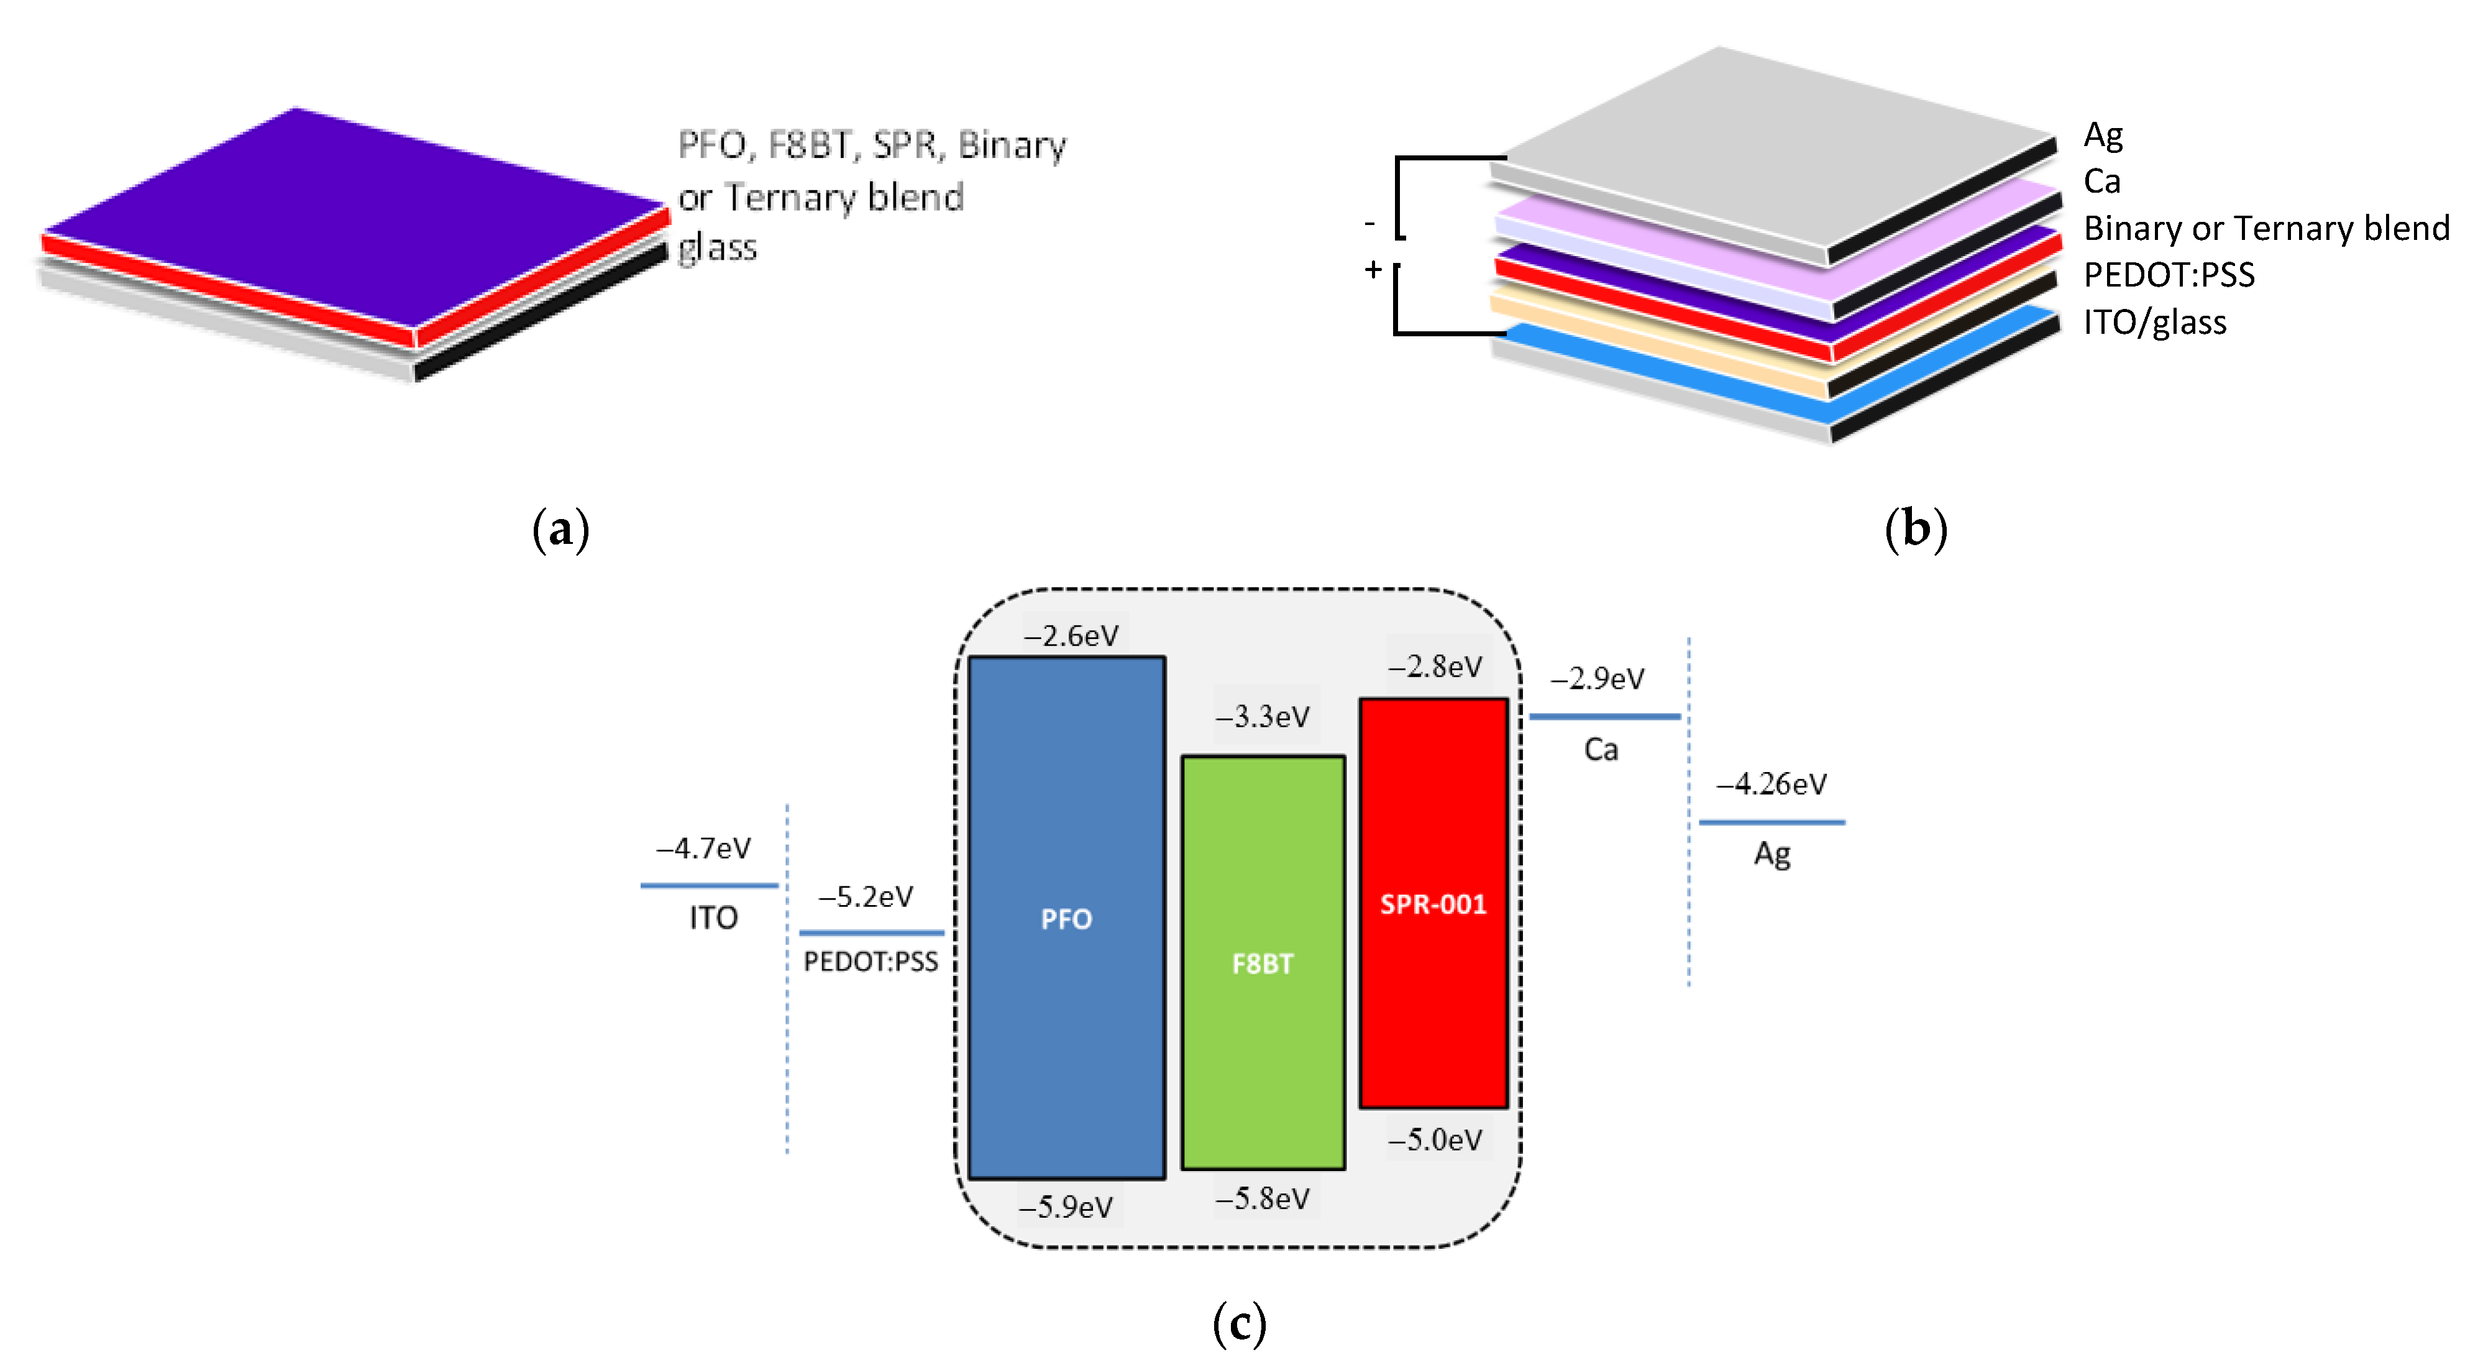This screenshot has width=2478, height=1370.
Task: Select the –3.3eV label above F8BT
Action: pyautogui.click(x=1262, y=716)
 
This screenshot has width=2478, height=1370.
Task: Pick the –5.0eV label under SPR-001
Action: pyautogui.click(x=1435, y=1140)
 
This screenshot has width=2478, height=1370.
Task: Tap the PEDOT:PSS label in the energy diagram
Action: pyautogui.click(x=871, y=961)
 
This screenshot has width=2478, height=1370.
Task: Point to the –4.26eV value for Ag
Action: pyautogui.click(x=1772, y=784)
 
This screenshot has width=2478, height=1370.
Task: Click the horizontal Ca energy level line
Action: pyautogui.click(x=1604, y=717)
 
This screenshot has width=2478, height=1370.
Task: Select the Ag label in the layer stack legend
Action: pyautogui.click(x=2103, y=136)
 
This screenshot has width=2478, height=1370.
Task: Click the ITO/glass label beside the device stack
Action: pyautogui.click(x=2155, y=322)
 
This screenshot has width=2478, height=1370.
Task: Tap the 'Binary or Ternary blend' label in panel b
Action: pyautogui.click(x=2266, y=228)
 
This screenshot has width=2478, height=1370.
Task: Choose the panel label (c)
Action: pyautogui.click(x=1239, y=1324)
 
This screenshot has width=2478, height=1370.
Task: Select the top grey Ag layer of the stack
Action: pyautogui.click(x=1770, y=144)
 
